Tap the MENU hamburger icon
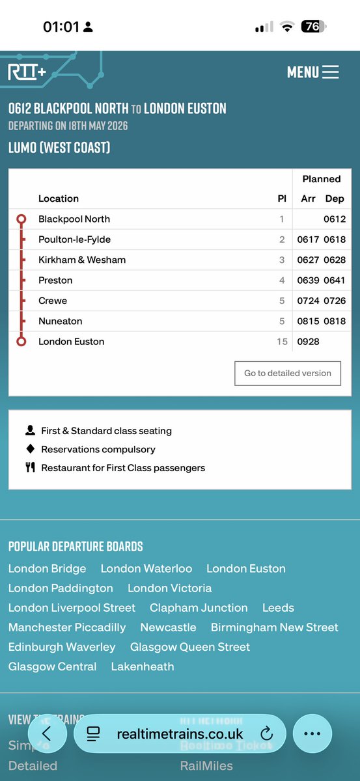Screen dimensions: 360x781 point(330,72)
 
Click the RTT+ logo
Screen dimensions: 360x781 point(27,72)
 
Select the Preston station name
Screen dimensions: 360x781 point(55,281)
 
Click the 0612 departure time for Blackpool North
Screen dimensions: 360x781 point(334,219)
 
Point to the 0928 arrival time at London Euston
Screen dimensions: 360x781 point(308,342)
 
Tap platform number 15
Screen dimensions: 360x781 point(282,342)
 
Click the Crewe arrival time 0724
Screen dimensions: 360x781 point(308,301)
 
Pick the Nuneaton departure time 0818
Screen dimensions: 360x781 point(334,322)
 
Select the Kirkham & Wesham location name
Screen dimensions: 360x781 point(82,260)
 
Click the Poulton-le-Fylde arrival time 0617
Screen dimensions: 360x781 point(308,240)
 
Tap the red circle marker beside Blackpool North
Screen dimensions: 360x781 point(21,219)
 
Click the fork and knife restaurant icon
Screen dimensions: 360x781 point(30,467)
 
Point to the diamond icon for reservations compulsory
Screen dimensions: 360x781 point(30,449)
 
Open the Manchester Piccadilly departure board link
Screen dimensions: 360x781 point(67,627)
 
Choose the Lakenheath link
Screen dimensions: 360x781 point(143,666)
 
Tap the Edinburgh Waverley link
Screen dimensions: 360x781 point(62,647)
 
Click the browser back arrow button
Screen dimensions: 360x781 point(46,733)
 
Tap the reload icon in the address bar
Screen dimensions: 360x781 point(266,733)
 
